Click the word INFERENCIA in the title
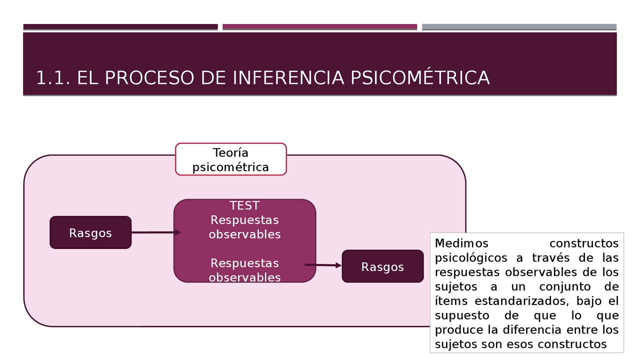pyautogui.click(x=288, y=78)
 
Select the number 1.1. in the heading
pyautogui.click(x=53, y=78)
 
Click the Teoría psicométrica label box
pyautogui.click(x=230, y=159)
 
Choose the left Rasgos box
pyautogui.click(x=90, y=233)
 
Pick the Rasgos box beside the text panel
pyautogui.click(x=382, y=266)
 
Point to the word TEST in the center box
pyautogui.click(x=244, y=205)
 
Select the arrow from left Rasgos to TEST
pyautogui.click(x=155, y=232)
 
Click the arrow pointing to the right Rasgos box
pyautogui.click(x=323, y=265)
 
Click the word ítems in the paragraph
pyautogui.click(x=451, y=301)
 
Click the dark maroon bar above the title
pyautogui.click(x=120, y=27)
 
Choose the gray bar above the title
pyautogui.click(x=519, y=27)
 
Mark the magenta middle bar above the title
pyautogui.click(x=319, y=27)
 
